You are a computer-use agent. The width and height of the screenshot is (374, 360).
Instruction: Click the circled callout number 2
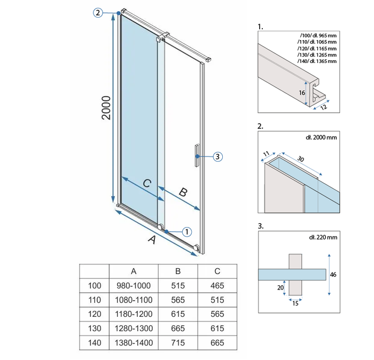coord(98,12)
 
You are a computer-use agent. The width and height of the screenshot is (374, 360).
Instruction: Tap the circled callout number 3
coord(217,156)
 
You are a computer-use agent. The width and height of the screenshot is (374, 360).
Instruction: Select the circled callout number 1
coord(187,232)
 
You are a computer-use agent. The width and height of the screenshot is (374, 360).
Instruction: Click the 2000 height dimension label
coord(106,108)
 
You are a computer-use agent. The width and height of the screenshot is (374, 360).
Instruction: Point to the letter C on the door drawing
coord(147,183)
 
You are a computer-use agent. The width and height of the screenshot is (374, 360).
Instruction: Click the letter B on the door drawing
coord(183,192)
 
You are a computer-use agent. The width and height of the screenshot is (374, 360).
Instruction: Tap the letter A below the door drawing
coord(152,239)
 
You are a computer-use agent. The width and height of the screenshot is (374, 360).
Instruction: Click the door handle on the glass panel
coord(197,155)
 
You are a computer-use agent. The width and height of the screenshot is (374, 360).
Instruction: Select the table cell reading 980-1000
coord(134,286)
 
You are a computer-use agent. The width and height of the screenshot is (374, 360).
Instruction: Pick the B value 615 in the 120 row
coord(178,314)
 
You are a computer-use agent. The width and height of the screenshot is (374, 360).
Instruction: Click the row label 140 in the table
coord(95,342)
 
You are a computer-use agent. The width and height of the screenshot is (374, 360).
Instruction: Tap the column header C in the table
coord(217,271)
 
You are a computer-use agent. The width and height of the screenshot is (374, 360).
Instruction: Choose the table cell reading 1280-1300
coord(134,328)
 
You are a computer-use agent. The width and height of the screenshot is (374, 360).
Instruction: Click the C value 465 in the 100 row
coord(217,286)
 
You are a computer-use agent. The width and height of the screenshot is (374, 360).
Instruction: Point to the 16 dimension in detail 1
coord(302,92)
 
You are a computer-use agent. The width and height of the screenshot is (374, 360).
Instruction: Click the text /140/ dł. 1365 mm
coord(317,61)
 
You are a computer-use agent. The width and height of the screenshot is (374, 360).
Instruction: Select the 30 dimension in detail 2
coord(301,159)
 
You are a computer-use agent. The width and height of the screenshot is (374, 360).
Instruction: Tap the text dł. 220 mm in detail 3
coord(323,237)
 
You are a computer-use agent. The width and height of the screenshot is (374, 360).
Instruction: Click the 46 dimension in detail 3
coord(333,275)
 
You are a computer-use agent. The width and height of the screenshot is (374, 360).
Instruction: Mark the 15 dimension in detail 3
coord(295,303)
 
